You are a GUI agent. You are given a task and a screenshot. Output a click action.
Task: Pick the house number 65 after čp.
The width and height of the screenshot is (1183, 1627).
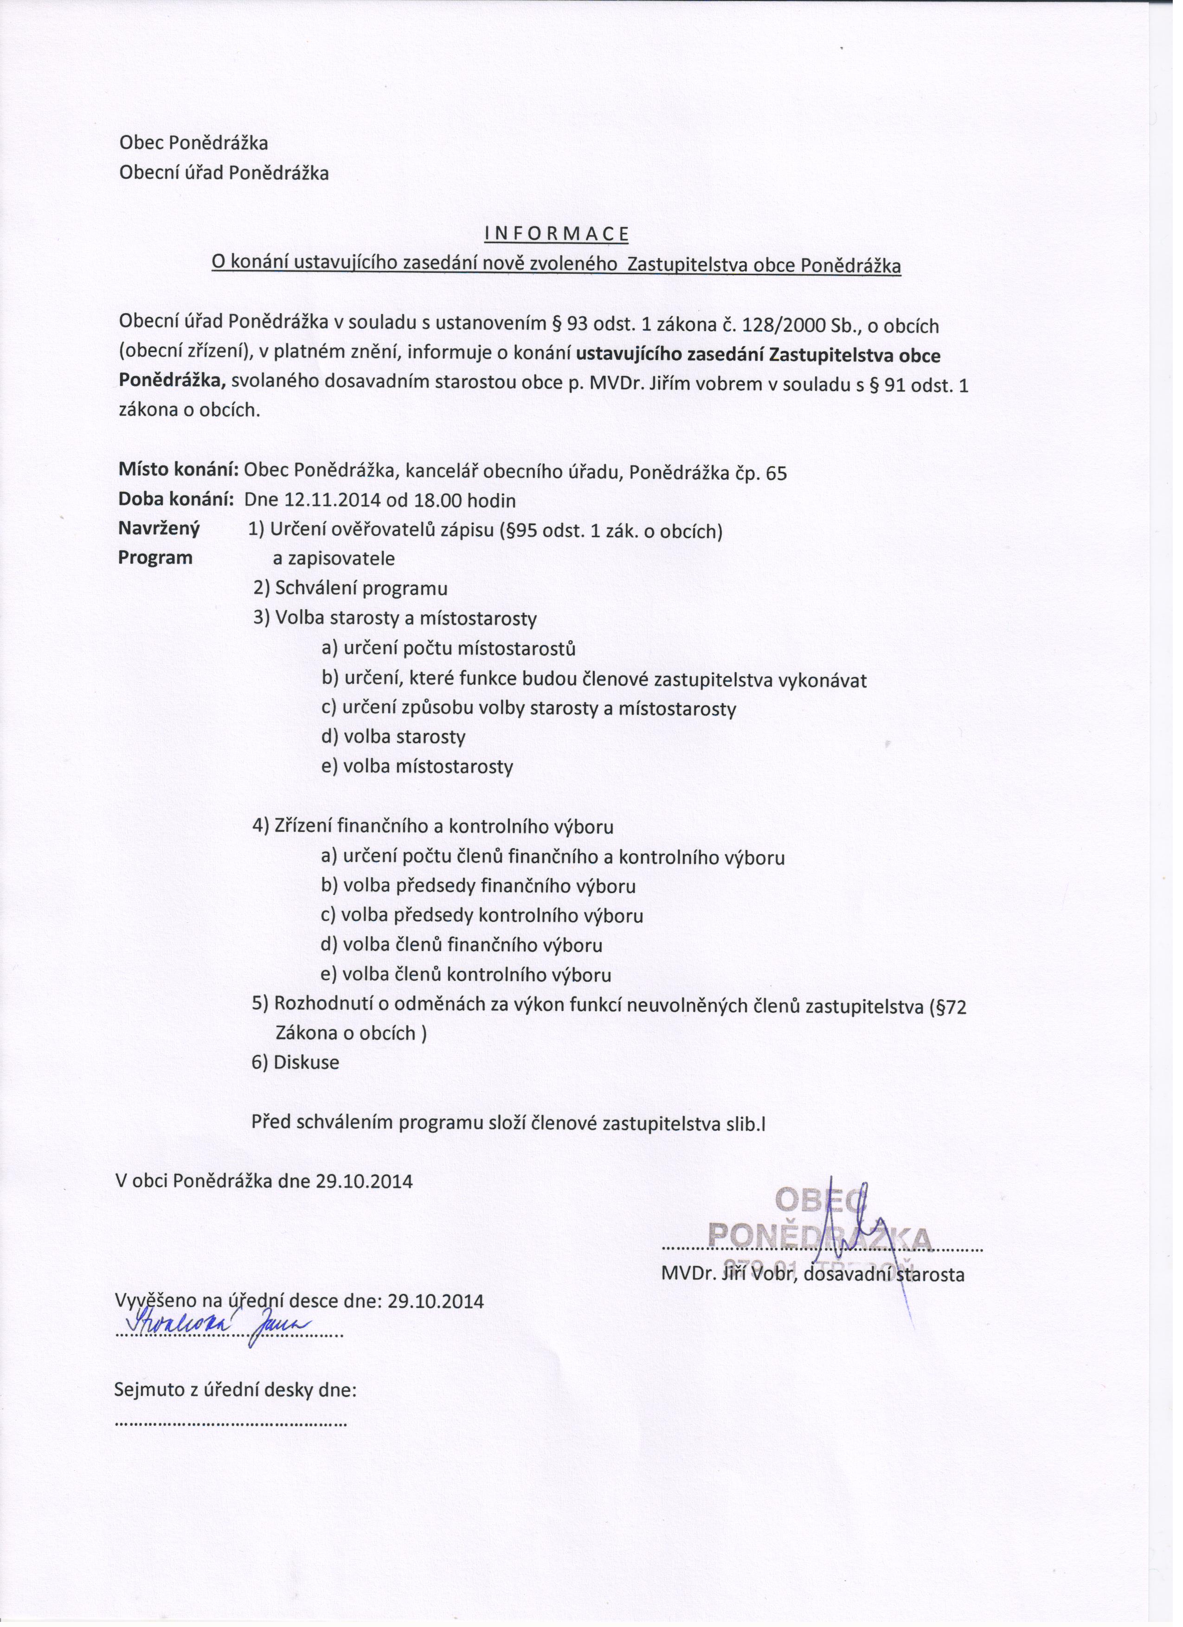[x=776, y=474]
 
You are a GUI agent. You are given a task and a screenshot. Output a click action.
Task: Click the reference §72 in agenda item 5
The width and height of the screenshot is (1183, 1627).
[x=948, y=1007]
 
